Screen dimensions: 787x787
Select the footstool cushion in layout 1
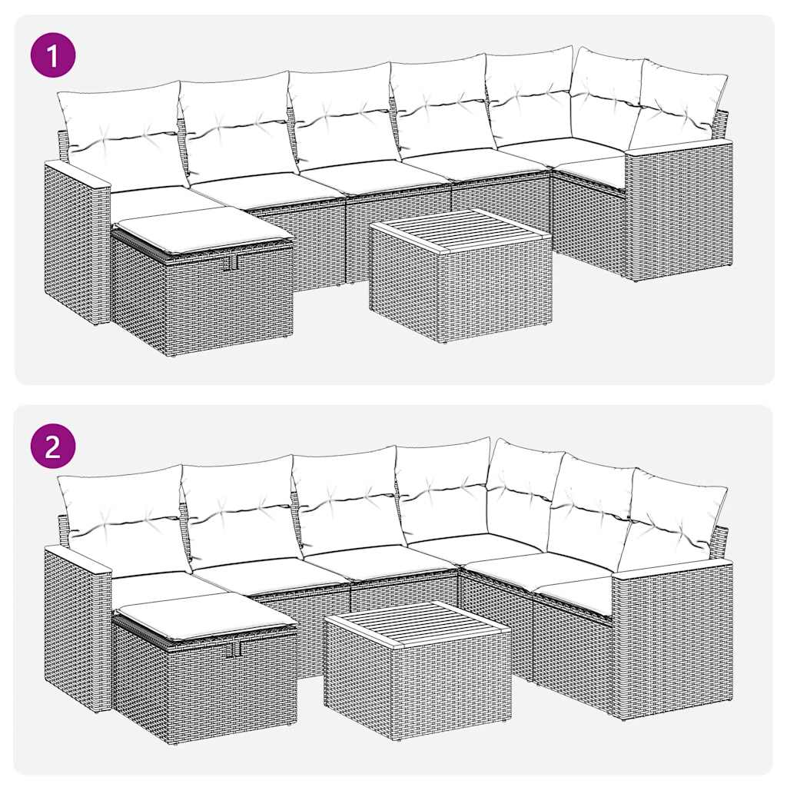[x=201, y=228]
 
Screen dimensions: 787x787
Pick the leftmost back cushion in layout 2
[x=123, y=519]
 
